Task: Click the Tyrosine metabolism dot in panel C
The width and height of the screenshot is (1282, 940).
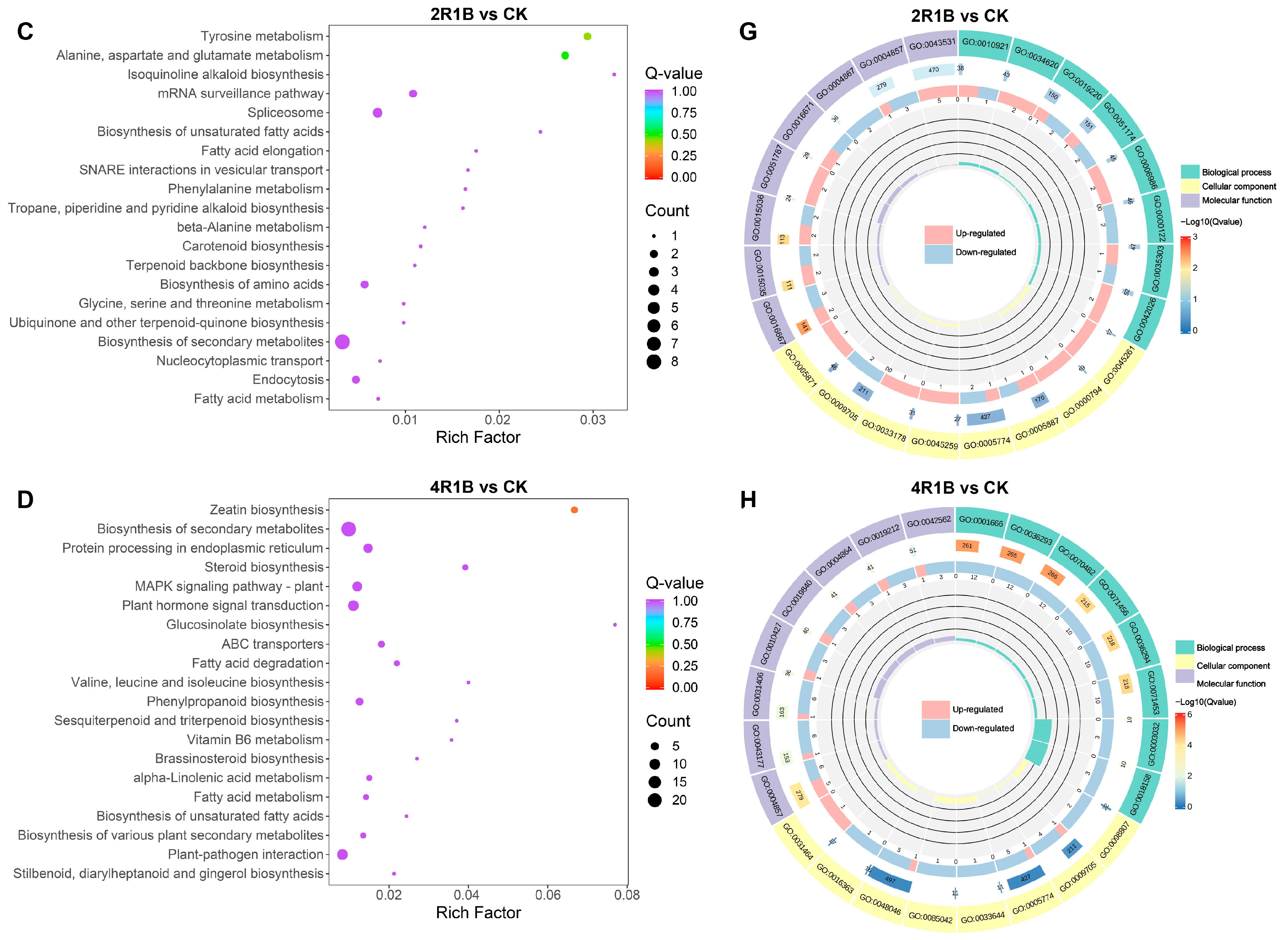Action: click(x=587, y=36)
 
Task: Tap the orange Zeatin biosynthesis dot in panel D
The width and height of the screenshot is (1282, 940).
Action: click(x=574, y=510)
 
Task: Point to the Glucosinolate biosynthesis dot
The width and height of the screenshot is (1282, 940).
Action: click(x=614, y=625)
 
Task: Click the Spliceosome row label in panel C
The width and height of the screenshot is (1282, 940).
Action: click(x=285, y=113)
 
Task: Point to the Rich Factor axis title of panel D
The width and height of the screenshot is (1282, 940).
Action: click(x=478, y=913)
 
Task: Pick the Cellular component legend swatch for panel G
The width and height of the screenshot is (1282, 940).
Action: click(x=1190, y=187)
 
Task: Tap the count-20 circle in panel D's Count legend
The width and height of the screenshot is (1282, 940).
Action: click(x=654, y=800)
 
